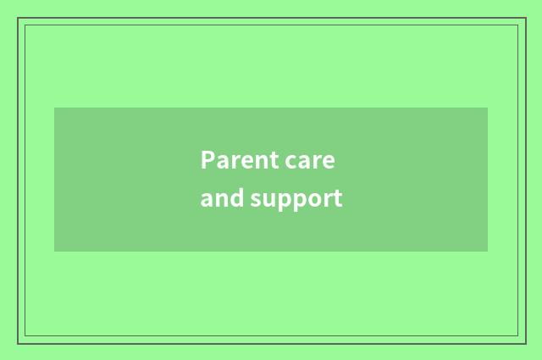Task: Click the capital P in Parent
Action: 207,160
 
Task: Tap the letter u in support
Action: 270,200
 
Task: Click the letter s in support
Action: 257,200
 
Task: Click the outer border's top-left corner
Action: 18,18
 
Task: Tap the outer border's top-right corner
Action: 525,18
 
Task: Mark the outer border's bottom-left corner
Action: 18,343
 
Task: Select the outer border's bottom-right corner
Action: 525,343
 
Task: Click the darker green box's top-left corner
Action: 54,108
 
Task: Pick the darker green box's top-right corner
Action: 488,108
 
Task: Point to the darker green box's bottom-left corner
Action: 54,252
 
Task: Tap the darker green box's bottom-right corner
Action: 488,252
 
